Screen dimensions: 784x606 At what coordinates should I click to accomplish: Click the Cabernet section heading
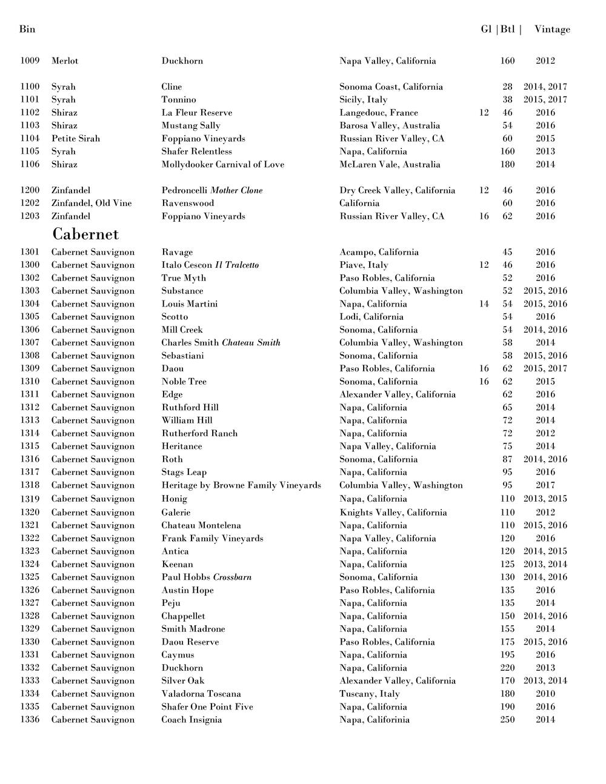pos(85,234)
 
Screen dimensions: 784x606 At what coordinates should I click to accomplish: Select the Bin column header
pos(27,29)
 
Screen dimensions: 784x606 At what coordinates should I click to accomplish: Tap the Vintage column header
pos(552,29)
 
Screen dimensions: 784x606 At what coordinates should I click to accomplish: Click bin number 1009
pos(30,61)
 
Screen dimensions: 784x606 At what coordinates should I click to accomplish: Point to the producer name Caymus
pos(178,655)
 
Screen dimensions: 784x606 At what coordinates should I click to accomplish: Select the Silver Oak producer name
pos(182,681)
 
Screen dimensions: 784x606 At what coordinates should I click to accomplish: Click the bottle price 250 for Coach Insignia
pos(507,720)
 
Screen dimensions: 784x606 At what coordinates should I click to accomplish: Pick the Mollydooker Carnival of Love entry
pos(222,164)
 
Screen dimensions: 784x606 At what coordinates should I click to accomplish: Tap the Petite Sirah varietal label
pos(76,139)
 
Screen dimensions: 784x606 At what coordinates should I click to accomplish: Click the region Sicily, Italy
pos(363,99)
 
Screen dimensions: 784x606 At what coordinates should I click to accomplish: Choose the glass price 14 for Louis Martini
pos(484,304)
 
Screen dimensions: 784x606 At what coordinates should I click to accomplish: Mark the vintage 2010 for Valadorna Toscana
pos(545,694)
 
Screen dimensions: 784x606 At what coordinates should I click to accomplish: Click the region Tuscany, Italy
pos(370,694)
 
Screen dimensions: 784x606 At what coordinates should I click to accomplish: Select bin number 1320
pos(30,513)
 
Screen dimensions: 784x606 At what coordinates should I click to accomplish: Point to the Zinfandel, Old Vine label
pos(91,203)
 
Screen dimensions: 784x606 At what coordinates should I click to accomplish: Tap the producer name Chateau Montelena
pos(201,525)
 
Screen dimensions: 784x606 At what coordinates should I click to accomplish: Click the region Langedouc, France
pos(379,113)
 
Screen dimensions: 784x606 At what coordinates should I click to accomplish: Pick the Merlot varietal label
pos(65,61)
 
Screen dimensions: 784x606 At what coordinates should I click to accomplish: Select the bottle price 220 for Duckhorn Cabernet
pos(507,668)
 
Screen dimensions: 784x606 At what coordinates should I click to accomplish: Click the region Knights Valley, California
pos(393,513)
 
